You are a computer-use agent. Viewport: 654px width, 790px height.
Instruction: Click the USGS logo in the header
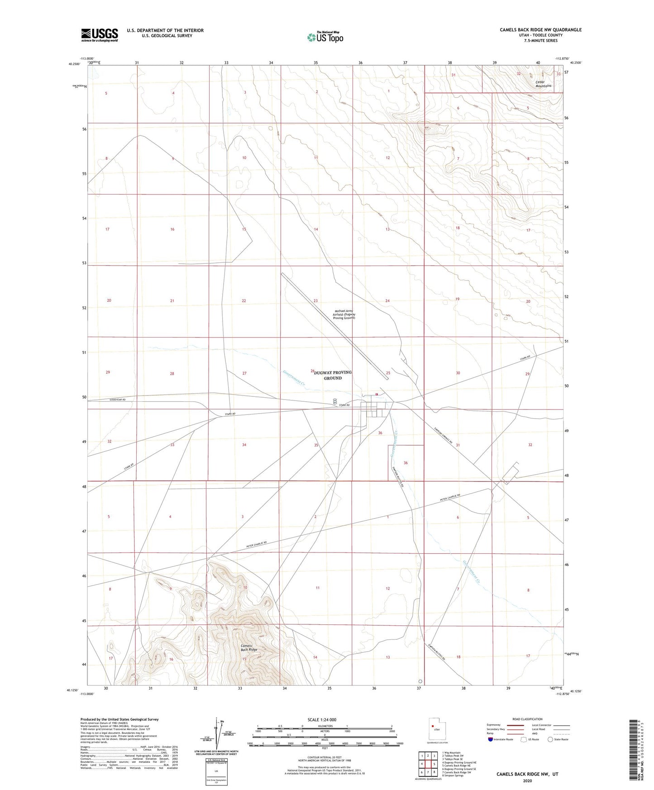tap(100, 35)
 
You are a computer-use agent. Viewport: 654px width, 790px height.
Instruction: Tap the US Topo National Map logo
tap(325, 37)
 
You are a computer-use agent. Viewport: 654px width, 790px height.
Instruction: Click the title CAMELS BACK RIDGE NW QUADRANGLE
tap(540, 30)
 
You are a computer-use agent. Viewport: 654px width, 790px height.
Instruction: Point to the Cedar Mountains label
tap(543, 84)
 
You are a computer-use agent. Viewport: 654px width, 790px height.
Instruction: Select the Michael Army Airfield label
tap(344, 314)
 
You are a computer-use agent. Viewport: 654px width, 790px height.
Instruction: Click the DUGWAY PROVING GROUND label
tap(333, 375)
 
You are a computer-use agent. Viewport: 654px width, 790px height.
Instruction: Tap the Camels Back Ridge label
tap(249, 647)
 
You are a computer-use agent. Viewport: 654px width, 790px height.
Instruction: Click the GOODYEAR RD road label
tap(117, 400)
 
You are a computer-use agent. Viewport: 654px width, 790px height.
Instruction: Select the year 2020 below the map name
tap(527, 780)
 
